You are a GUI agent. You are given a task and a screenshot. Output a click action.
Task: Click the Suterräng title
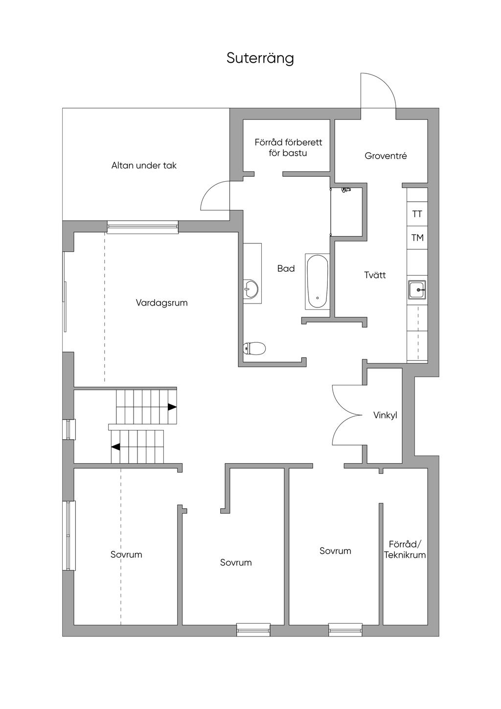(260, 58)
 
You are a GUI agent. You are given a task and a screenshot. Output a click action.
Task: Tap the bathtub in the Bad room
(317, 282)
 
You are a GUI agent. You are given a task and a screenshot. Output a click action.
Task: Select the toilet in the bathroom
(254, 349)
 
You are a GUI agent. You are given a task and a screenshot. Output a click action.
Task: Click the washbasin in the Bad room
(250, 289)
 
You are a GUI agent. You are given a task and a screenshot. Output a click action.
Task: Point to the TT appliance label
(417, 214)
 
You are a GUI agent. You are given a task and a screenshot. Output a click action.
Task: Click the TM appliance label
(417, 238)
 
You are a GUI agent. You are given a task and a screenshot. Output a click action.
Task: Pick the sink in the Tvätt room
(417, 290)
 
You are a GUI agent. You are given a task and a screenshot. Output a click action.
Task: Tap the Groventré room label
(386, 156)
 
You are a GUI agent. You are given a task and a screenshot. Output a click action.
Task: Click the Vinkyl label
(385, 416)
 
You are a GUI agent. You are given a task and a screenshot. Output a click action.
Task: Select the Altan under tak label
(144, 165)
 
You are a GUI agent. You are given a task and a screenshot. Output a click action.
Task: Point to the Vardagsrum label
(161, 303)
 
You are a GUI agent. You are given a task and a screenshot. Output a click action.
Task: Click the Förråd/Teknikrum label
(405, 550)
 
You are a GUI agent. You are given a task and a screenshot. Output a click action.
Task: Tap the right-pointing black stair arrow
(172, 407)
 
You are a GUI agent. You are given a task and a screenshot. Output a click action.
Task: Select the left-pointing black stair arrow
(116, 447)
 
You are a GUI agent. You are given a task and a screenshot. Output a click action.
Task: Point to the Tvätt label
(375, 275)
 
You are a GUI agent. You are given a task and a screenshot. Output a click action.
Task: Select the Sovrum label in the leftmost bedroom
(126, 555)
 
